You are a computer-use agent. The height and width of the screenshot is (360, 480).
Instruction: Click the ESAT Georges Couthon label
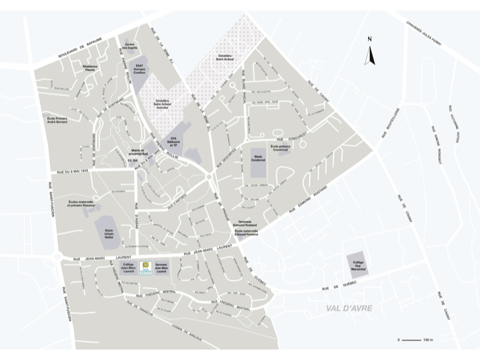pos(139,68)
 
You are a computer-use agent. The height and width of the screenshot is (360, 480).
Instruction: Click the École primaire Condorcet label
pos(278,149)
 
